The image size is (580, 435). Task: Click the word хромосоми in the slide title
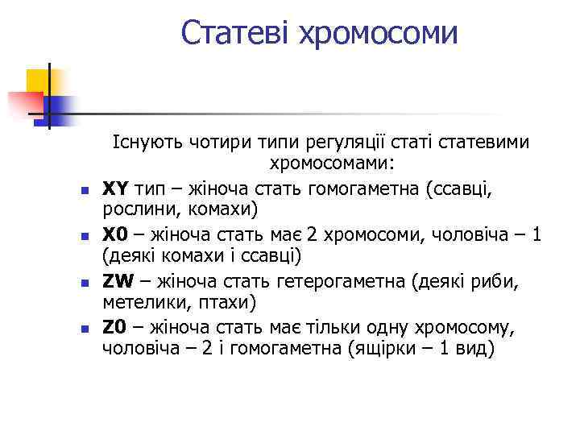378,33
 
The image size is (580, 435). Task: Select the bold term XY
115,188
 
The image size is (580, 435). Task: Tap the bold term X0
115,235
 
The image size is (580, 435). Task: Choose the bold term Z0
115,329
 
